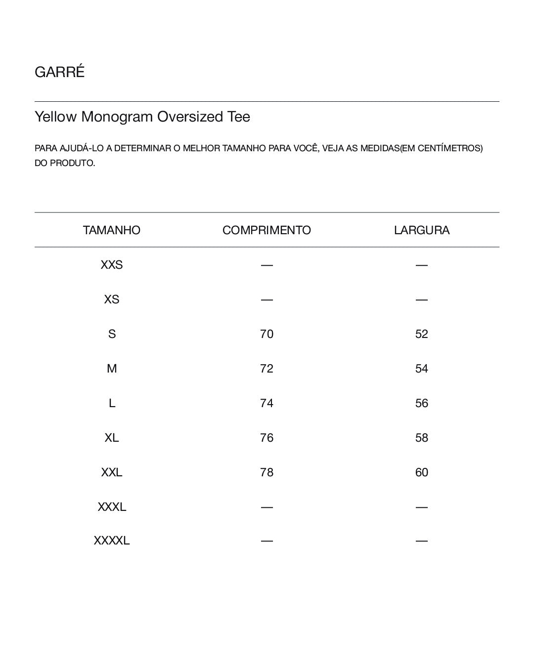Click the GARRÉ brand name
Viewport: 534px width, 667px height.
click(x=60, y=72)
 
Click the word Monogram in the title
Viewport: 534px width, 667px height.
click(x=117, y=117)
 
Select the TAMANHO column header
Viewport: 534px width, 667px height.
click(x=112, y=230)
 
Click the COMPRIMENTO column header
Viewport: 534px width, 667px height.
click(x=267, y=230)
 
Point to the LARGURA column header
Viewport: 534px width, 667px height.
click(x=422, y=230)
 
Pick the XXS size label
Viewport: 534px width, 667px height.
click(x=112, y=265)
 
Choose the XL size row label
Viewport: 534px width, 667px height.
click(x=112, y=438)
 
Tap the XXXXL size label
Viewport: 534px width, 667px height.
click(x=112, y=541)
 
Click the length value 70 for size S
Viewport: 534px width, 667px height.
click(x=267, y=334)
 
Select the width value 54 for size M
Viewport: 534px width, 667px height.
click(x=422, y=369)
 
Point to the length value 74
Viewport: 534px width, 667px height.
click(x=267, y=403)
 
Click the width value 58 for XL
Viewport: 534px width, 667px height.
click(x=422, y=438)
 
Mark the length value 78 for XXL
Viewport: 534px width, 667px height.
click(x=267, y=472)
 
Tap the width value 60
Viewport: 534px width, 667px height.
click(x=422, y=472)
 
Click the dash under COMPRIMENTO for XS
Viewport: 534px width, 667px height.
click(x=267, y=299)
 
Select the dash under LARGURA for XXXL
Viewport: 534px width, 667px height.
click(x=422, y=507)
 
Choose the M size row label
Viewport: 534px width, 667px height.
click(x=112, y=369)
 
